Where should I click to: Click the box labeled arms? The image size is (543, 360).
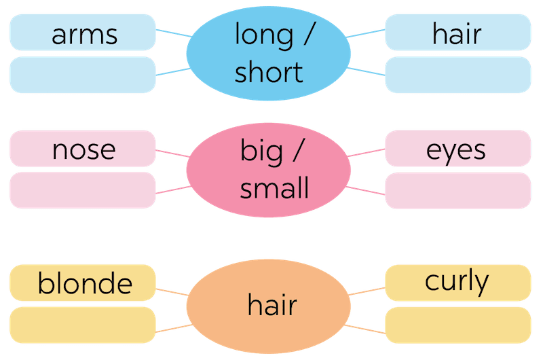(x=83, y=32)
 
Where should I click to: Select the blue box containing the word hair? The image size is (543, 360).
(x=457, y=32)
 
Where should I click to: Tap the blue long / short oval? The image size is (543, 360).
(x=269, y=52)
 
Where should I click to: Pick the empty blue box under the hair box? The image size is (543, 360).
(x=457, y=75)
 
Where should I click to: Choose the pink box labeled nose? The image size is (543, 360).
(x=83, y=148)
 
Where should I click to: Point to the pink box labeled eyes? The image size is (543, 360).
(x=457, y=148)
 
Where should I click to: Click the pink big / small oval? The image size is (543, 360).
(x=269, y=169)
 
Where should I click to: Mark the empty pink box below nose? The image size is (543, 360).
(x=83, y=190)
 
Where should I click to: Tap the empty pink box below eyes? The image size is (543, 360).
(x=457, y=190)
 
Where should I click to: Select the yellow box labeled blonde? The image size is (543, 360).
(x=83, y=283)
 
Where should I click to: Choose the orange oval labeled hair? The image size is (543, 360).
(x=269, y=304)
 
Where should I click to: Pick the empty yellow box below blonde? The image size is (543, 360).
(x=83, y=325)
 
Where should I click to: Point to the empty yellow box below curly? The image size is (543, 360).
(x=457, y=325)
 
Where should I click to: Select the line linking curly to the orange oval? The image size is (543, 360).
(x=367, y=291)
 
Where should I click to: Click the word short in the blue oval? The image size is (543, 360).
(x=269, y=72)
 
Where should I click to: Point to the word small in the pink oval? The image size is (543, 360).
(x=274, y=189)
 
